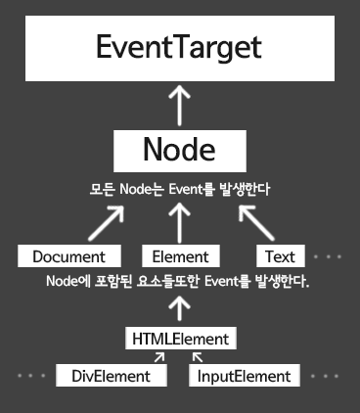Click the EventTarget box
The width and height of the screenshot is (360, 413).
click(179, 47)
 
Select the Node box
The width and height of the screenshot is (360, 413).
click(179, 150)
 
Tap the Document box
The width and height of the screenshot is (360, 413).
click(68, 256)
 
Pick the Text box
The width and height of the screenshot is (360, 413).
click(280, 256)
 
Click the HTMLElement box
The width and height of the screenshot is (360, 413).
click(180, 339)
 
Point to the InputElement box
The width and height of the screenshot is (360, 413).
click(244, 375)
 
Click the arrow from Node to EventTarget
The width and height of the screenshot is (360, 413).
click(179, 103)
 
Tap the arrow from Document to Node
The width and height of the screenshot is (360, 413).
click(97, 222)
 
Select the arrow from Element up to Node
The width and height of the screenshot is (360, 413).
click(178, 222)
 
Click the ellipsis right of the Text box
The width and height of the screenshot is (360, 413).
click(327, 256)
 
